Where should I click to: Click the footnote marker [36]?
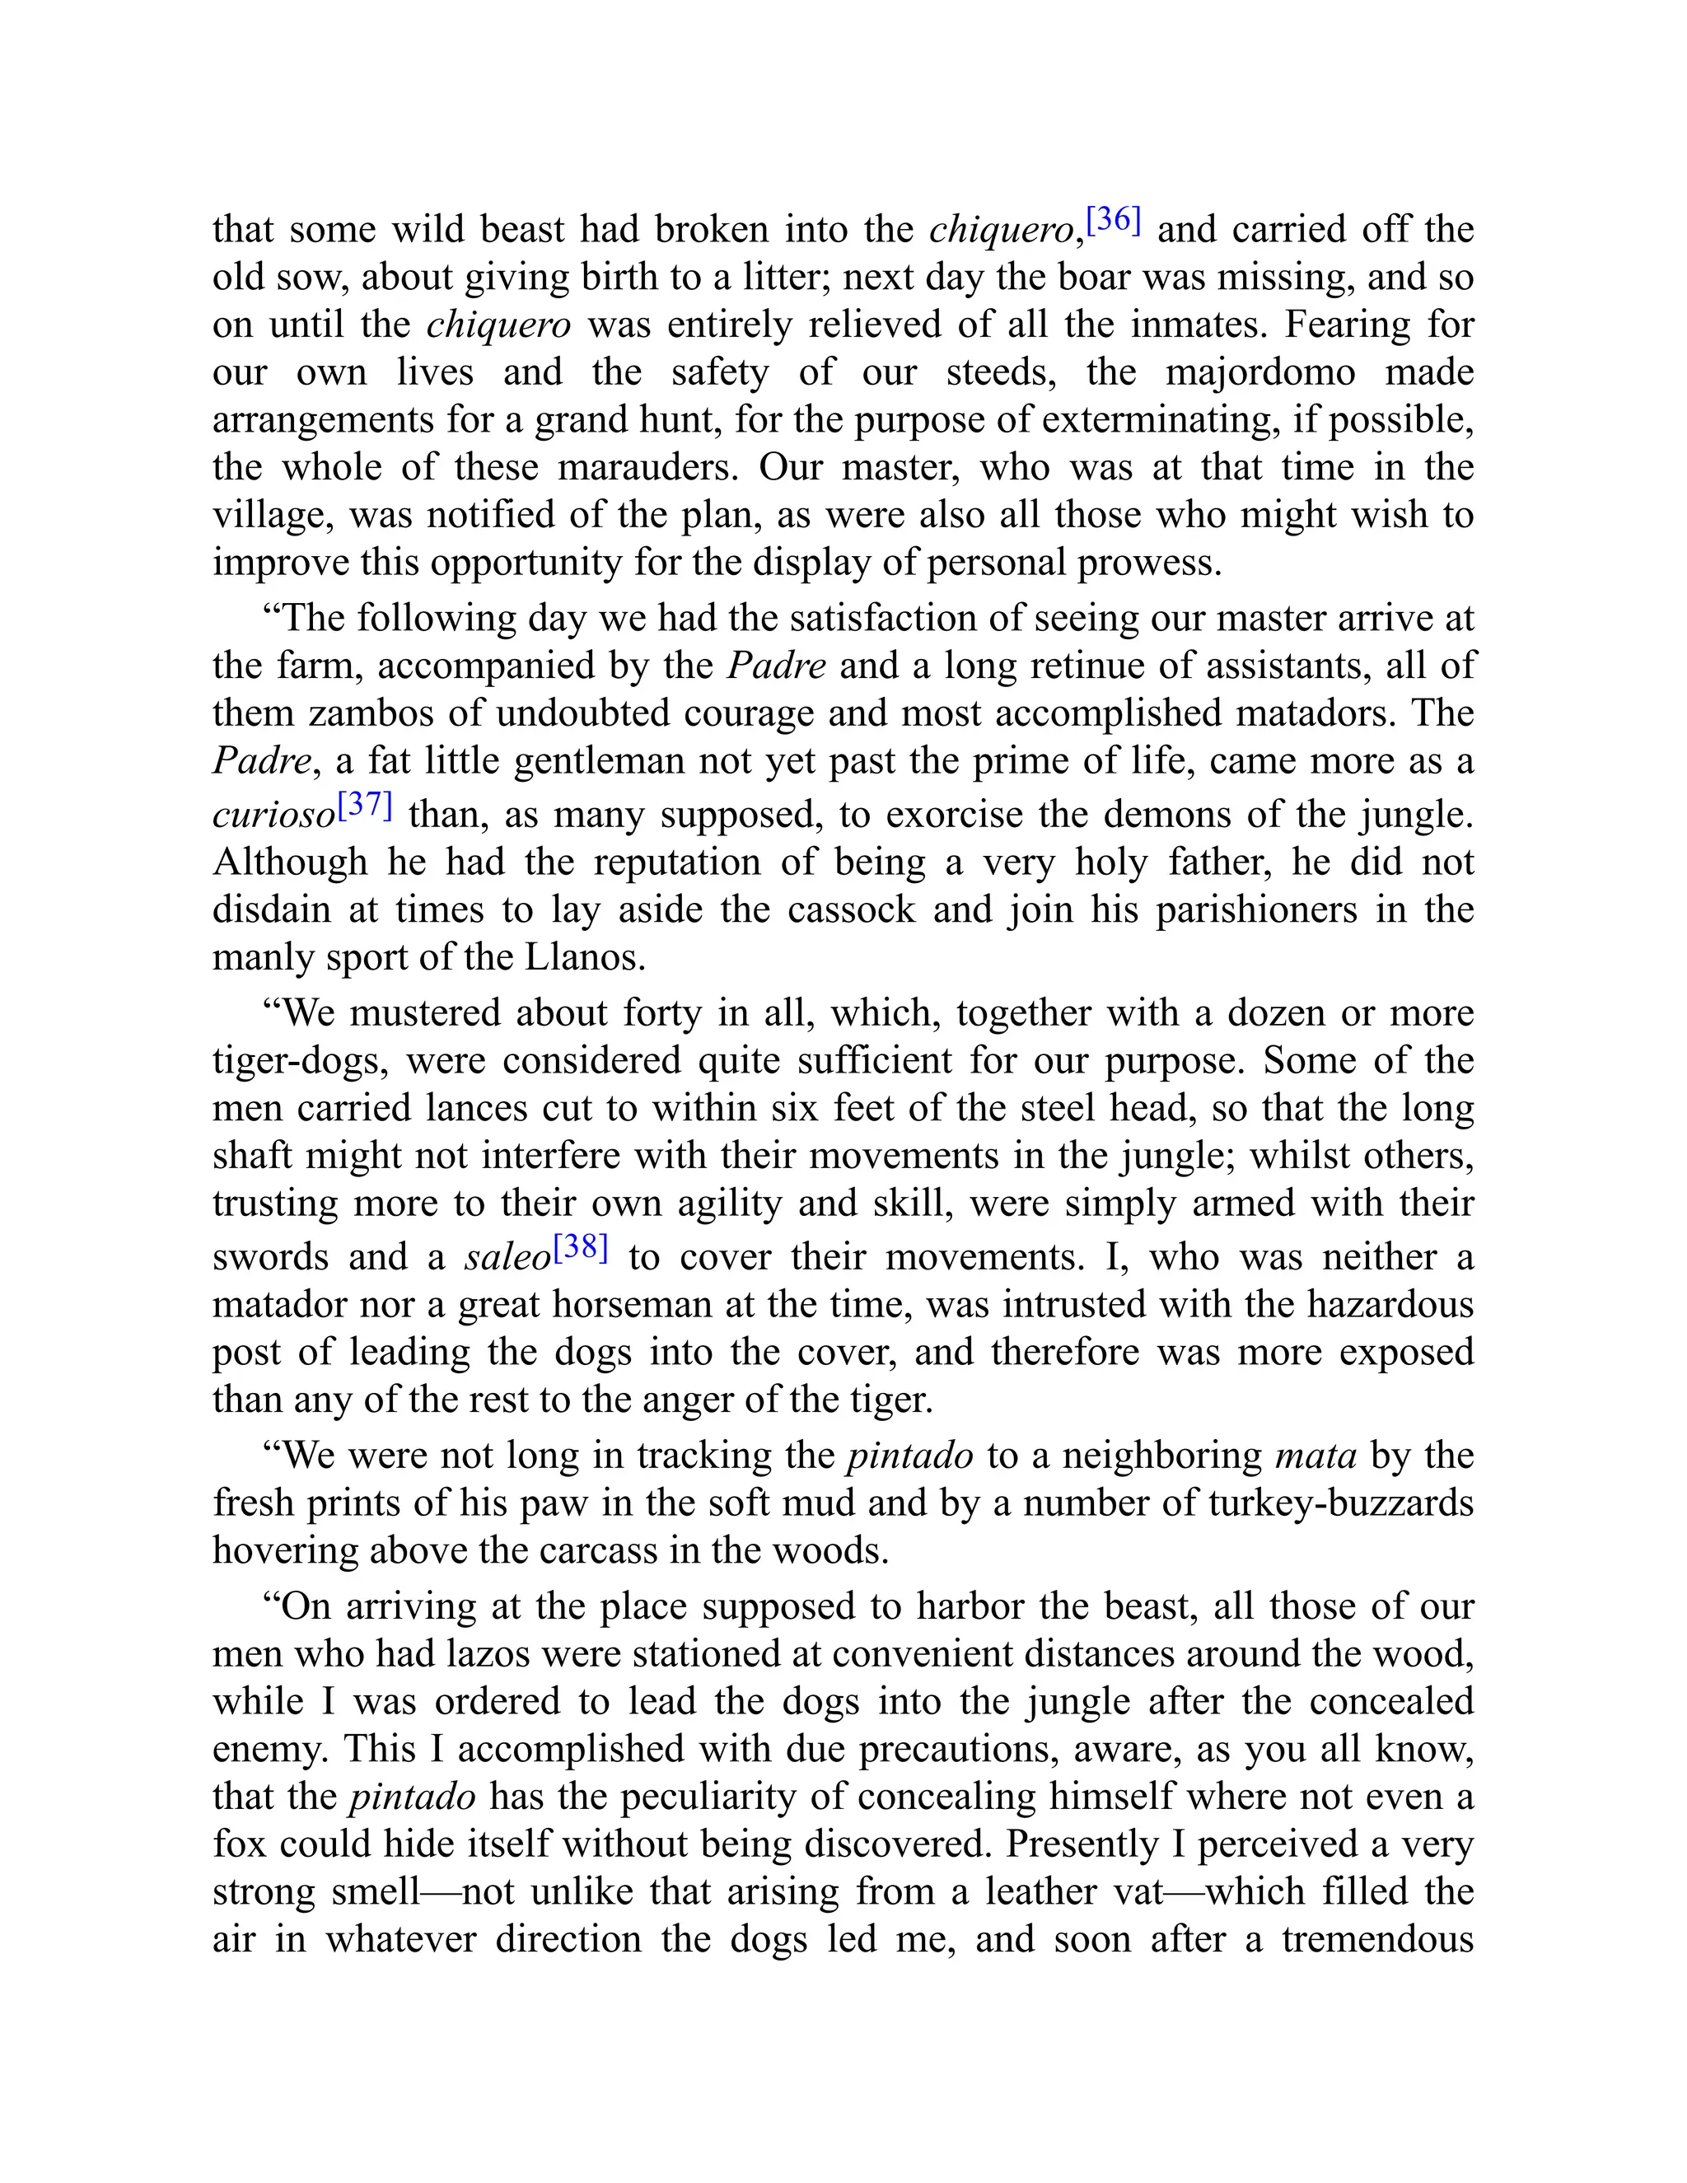1114,220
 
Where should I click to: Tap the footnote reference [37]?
365,805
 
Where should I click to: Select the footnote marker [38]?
580,1247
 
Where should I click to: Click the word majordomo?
1260,373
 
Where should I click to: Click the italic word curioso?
273,816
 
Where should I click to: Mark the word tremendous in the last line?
1377,1939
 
